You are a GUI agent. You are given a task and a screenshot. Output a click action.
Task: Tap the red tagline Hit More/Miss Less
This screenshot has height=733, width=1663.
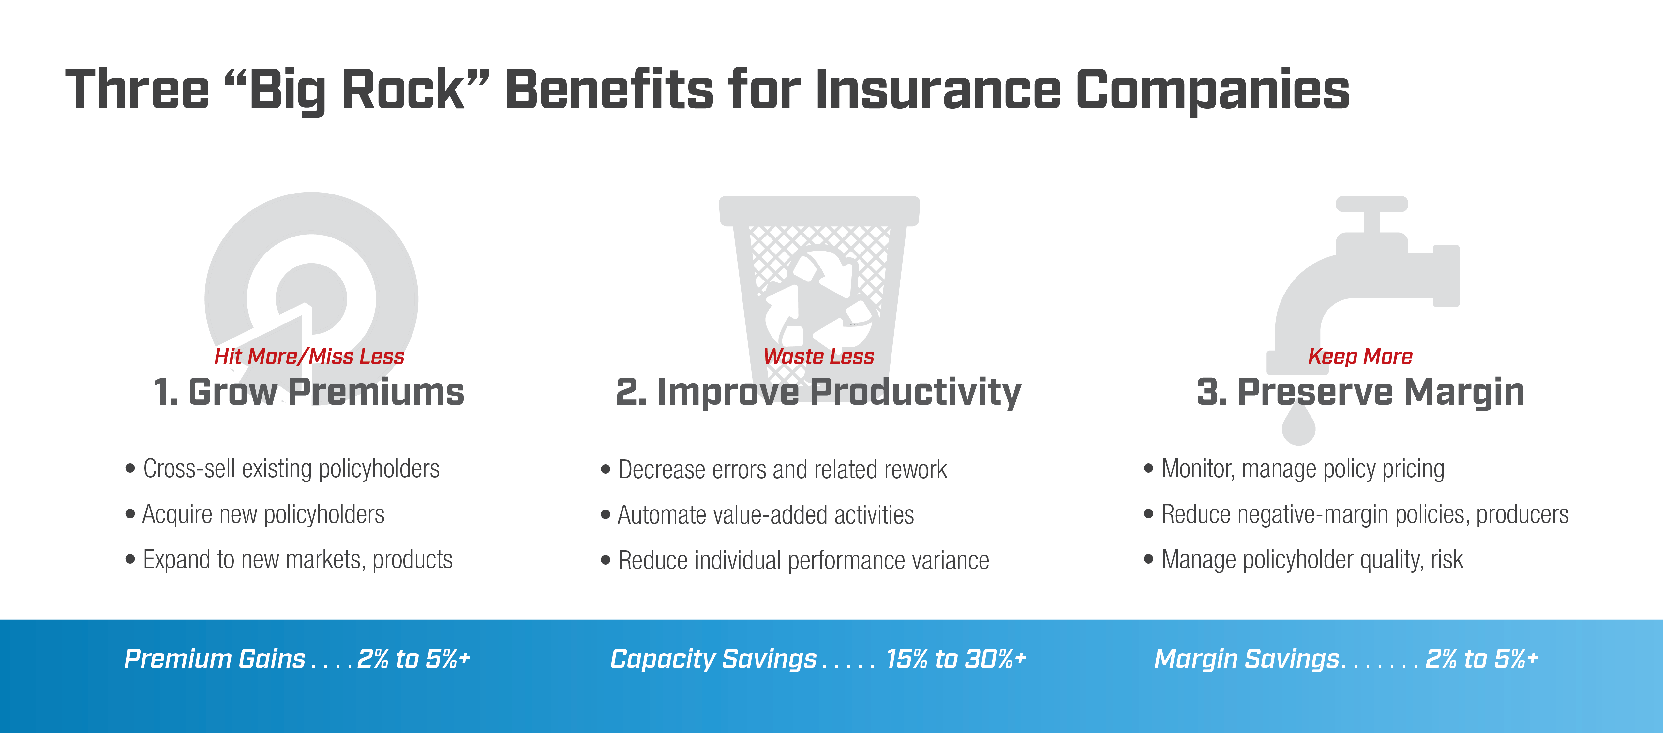[x=309, y=356]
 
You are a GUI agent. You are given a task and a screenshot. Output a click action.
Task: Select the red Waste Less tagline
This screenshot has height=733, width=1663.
[x=818, y=356]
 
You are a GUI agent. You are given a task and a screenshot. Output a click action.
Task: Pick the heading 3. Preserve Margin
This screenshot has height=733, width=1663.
[x=1360, y=392]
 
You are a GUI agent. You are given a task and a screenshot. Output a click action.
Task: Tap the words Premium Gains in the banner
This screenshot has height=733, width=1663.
[x=214, y=659]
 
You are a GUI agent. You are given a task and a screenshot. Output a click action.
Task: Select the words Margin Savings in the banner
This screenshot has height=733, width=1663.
[x=1247, y=659]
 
